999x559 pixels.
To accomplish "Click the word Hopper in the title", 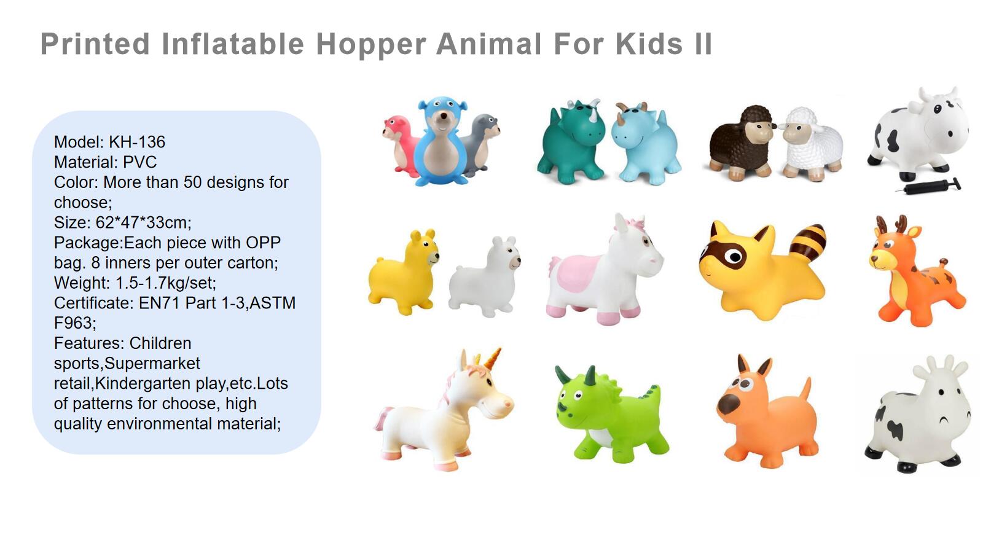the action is click(x=371, y=44).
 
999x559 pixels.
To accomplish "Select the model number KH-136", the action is click(x=137, y=142).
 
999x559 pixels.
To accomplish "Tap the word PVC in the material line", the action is click(x=140, y=162).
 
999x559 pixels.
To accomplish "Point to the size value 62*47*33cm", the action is click(x=143, y=222).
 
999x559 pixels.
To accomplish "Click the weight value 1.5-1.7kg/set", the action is click(x=166, y=283).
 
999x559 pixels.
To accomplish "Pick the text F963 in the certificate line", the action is click(x=75, y=322).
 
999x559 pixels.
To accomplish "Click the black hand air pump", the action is click(x=928, y=186).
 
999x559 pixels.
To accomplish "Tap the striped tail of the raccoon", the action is click(x=808, y=242).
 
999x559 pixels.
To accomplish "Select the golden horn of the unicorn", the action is click(x=492, y=359).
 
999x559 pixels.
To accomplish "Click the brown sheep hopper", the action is click(x=740, y=144).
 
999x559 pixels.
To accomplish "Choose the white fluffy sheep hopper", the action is click(x=811, y=145).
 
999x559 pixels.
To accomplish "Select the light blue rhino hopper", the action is click(x=646, y=144).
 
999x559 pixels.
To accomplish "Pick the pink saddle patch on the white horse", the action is click(x=576, y=274).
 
